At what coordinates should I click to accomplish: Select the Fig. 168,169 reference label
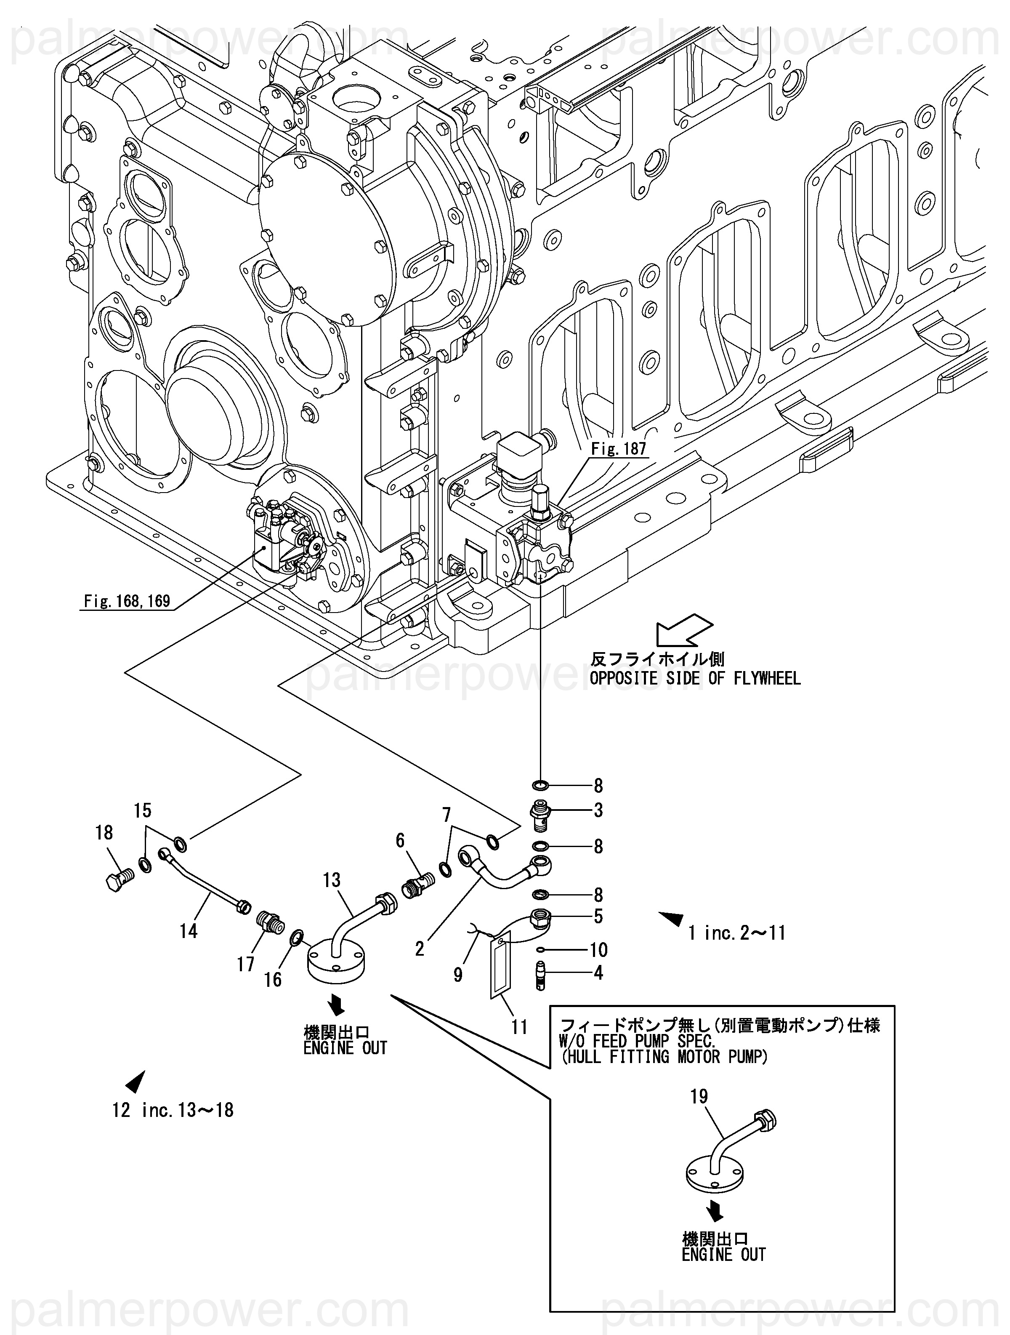[127, 601]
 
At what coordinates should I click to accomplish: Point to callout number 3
[598, 810]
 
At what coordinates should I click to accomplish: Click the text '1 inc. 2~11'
[737, 933]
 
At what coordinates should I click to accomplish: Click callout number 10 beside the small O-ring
[598, 950]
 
